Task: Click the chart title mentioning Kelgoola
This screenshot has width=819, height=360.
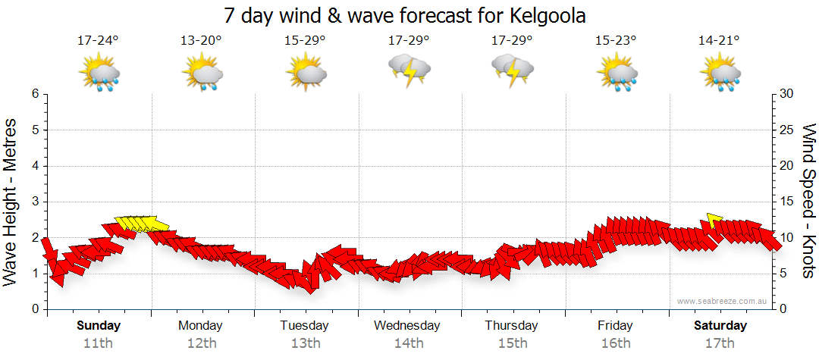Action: click(405, 16)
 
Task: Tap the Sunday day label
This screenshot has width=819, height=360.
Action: click(99, 326)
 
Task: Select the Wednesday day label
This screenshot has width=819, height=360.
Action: click(406, 326)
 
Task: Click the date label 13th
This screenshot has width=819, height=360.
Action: click(305, 343)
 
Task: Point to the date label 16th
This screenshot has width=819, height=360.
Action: click(615, 343)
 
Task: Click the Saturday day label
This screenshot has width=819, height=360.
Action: click(720, 326)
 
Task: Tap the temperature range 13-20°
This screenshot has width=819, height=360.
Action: click(201, 41)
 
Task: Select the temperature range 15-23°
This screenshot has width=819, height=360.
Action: click(615, 41)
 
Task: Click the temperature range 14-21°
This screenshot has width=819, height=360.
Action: click(719, 41)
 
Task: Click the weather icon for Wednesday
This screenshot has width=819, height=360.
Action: click(409, 70)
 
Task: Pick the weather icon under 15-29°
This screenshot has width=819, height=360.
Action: click(306, 73)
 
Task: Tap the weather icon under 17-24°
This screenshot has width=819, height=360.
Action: click(99, 73)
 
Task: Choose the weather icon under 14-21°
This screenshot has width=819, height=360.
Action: click(720, 73)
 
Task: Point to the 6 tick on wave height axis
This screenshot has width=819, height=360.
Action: click(34, 94)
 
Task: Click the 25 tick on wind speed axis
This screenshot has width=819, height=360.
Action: click(788, 130)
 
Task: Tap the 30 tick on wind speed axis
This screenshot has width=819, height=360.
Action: click(788, 94)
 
